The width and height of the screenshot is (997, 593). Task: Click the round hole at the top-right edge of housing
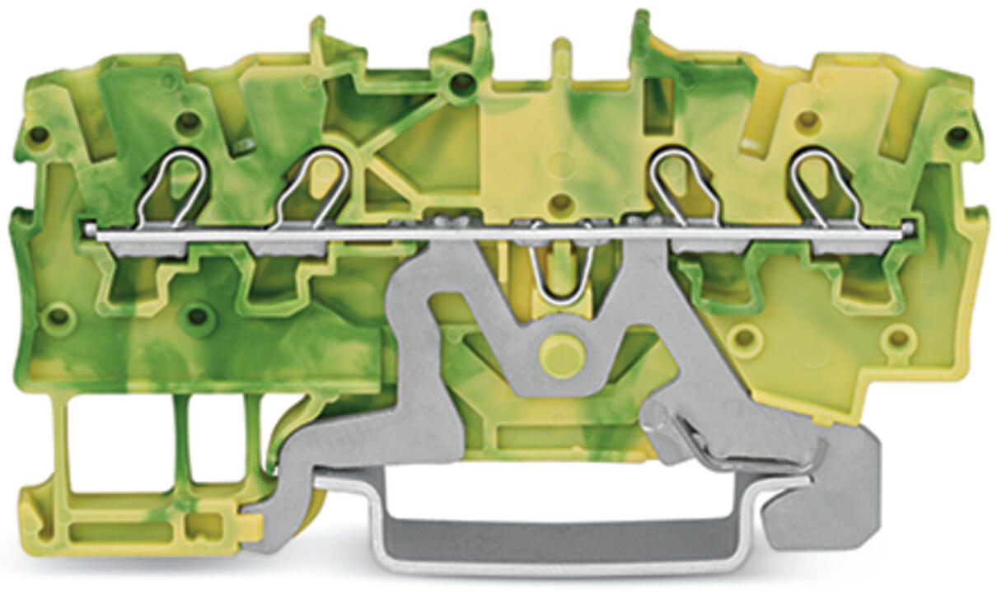(957, 134)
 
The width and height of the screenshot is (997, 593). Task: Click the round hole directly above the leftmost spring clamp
(189, 122)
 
